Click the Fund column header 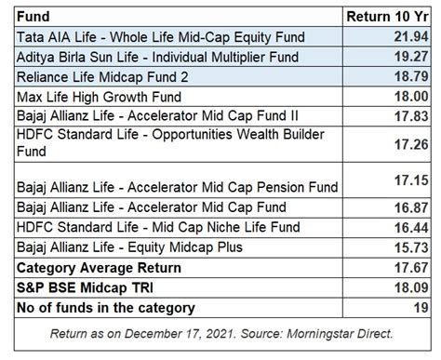click(x=33, y=17)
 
